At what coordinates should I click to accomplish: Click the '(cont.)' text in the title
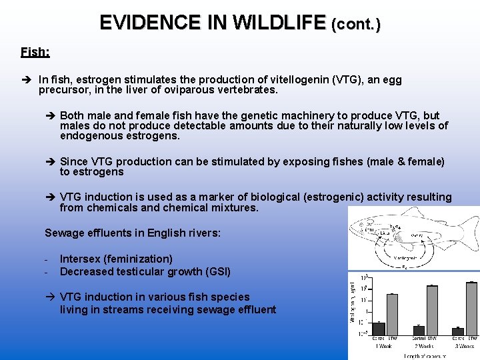(356, 25)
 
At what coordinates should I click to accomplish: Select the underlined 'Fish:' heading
(35, 51)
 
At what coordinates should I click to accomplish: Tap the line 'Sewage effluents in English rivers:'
(132, 233)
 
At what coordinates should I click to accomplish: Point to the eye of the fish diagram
(363, 225)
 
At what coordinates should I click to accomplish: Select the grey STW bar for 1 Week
(392, 314)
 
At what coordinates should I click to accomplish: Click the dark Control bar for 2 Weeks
(419, 330)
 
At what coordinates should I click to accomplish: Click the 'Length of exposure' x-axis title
(421, 355)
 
